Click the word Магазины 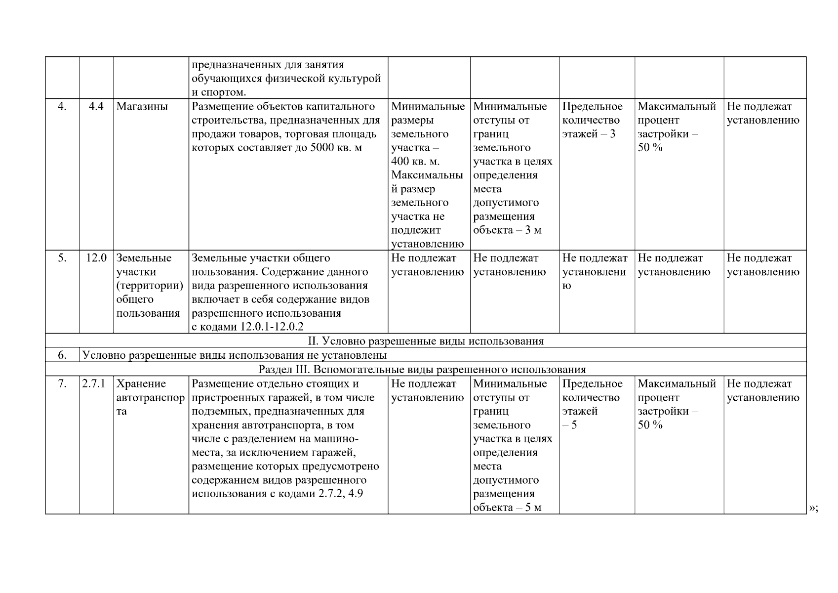(142, 107)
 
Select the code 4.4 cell (96, 107)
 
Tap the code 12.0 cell (96, 258)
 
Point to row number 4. (62, 107)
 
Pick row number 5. (62, 258)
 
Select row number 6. (62, 355)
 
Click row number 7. (62, 384)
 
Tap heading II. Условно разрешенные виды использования (425, 341)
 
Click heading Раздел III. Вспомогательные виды (422, 370)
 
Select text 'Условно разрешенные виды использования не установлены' (234, 355)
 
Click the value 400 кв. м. (415, 162)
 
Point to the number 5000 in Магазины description (323, 148)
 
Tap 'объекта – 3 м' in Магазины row (507, 230)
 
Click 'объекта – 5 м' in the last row (507, 508)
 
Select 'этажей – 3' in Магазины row (589, 134)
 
